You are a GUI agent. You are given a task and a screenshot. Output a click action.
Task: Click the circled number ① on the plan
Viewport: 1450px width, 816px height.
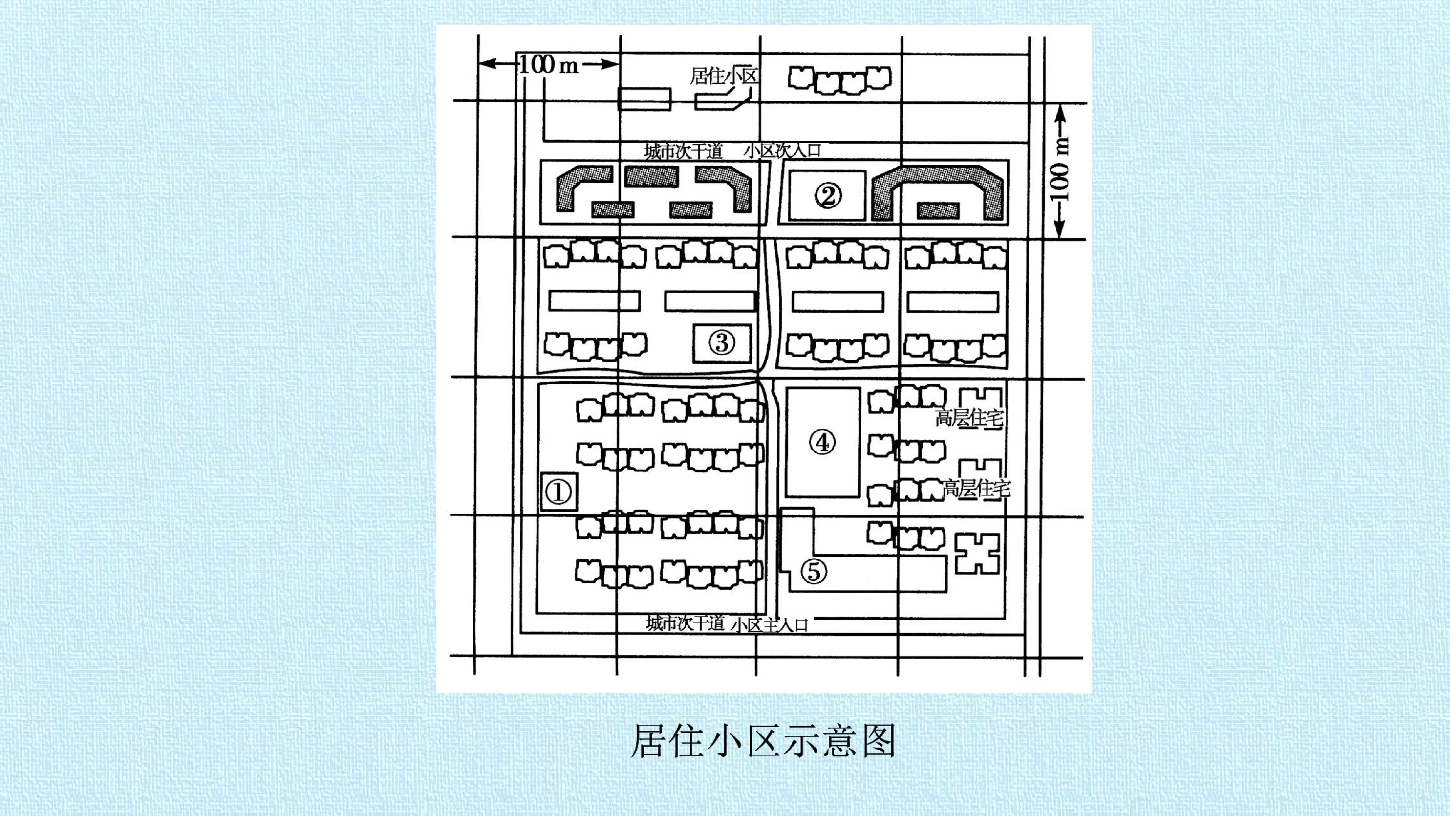point(559,492)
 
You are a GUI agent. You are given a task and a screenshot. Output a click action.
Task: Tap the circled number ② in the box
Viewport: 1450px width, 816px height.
point(827,196)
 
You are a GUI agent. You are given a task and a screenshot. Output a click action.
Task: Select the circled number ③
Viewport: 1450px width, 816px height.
point(722,342)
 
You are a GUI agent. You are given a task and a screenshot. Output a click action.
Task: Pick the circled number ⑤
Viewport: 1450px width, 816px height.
point(814,572)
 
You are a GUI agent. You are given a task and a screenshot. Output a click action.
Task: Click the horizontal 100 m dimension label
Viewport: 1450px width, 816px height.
point(548,64)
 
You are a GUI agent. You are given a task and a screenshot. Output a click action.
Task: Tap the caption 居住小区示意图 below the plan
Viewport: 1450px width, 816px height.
point(762,741)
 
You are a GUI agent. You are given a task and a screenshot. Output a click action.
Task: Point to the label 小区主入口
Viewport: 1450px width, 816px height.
point(770,625)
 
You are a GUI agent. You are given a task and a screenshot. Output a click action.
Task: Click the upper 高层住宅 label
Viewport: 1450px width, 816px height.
point(969,419)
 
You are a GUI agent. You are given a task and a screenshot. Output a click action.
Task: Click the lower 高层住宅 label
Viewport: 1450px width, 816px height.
point(977,488)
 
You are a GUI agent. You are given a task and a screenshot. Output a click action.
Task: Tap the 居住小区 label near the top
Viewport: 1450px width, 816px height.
point(724,76)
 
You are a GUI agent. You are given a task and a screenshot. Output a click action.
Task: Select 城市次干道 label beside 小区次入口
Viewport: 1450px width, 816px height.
point(683,151)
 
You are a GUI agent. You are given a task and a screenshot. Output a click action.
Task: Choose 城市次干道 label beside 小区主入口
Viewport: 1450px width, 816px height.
point(685,623)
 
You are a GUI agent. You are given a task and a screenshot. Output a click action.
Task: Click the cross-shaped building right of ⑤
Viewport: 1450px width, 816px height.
point(978,554)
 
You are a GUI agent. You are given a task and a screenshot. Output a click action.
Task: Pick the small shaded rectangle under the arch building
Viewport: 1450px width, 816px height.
point(938,211)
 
